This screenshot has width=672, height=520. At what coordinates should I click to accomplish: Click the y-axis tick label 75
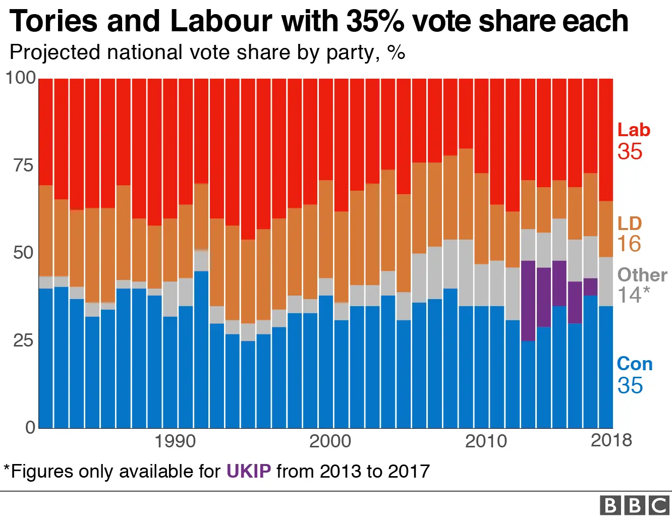(23, 165)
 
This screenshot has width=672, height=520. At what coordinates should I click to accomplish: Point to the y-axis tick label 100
(20, 78)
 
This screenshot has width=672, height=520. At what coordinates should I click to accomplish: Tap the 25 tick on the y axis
(23, 340)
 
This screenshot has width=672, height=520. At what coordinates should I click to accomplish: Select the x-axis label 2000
(330, 441)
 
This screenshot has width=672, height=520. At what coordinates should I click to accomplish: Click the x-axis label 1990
(175, 441)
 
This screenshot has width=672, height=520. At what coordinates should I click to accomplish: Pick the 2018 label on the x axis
(611, 440)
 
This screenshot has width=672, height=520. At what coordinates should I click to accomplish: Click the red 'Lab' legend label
(634, 130)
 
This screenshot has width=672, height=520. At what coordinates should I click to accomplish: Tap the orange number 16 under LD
(629, 244)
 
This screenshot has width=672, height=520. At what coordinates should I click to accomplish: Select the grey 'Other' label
(642, 275)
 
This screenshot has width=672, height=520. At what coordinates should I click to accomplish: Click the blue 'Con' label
(635, 364)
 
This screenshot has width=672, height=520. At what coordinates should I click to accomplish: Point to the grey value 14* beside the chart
(633, 295)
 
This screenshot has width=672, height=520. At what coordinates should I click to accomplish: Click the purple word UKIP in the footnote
(248, 471)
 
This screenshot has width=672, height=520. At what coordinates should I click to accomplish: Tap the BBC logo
(634, 505)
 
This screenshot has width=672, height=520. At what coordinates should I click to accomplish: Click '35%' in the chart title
(374, 21)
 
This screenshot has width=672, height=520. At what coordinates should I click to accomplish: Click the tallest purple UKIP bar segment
(528, 301)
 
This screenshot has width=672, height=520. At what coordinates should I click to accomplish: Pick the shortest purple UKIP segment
(590, 287)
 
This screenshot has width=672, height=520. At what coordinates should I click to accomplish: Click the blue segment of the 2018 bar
(606, 367)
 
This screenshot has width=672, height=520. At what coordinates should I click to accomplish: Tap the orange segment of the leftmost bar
(46, 230)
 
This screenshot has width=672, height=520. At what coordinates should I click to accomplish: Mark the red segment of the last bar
(606, 140)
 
